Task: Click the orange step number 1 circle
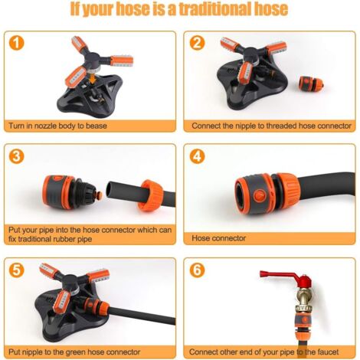(x=16, y=43)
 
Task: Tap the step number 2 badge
(x=197, y=43)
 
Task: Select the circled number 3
(x=16, y=156)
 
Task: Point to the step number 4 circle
(x=197, y=156)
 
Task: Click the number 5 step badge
(x=16, y=270)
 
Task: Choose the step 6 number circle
(x=197, y=270)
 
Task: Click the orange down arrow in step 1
(x=93, y=78)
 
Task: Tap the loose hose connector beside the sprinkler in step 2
(x=311, y=83)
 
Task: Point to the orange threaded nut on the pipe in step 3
(x=151, y=195)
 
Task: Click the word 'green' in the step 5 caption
(x=76, y=352)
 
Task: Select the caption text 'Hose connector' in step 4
(x=218, y=238)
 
